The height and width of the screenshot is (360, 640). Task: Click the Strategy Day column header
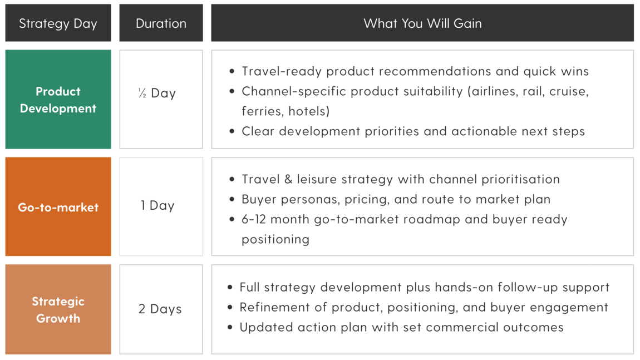(58, 23)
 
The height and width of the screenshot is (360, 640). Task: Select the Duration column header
(161, 23)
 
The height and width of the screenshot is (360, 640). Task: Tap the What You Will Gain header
(422, 23)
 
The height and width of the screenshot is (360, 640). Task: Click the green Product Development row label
(58, 100)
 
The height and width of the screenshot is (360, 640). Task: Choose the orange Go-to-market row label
(58, 207)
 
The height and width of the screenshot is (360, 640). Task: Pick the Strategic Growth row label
(58, 310)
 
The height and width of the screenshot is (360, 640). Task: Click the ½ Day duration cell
(157, 93)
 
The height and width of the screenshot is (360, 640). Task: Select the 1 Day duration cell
(157, 205)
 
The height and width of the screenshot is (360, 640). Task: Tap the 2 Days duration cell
(160, 309)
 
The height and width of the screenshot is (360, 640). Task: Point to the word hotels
(308, 111)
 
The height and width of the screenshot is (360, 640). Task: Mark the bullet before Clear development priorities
(232, 132)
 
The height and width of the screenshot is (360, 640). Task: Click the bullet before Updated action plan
(230, 328)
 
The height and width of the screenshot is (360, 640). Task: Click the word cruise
(569, 91)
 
